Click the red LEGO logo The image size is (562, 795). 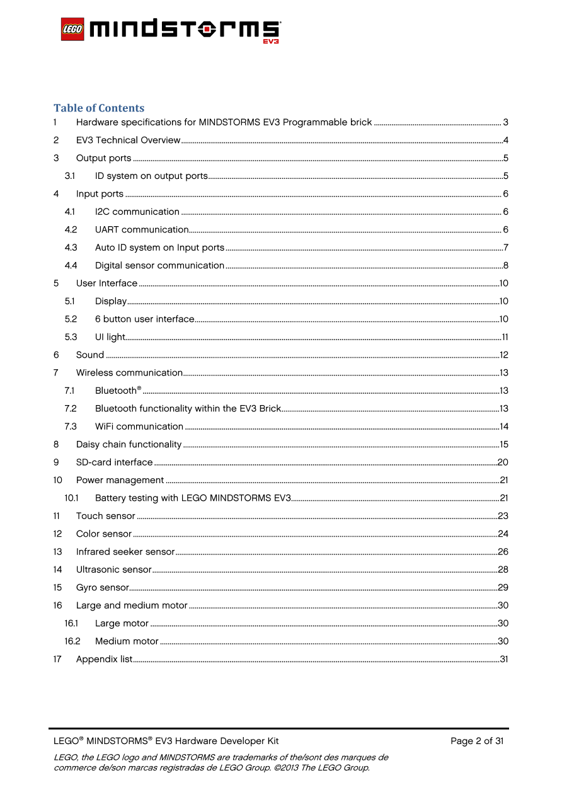(72, 30)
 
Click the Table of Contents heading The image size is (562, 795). (99, 108)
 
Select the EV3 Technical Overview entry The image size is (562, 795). (128, 140)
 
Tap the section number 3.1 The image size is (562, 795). (70, 176)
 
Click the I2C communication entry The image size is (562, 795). (137, 212)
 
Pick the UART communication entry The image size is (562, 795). (142, 229)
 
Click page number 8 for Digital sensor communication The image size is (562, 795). (505, 265)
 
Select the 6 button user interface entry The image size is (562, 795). (144, 319)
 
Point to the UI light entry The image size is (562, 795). (110, 337)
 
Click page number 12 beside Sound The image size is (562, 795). (503, 355)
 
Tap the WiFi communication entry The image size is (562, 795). (139, 426)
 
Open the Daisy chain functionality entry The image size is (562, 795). (129, 444)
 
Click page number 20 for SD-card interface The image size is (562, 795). (503, 462)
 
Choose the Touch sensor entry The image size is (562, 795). (106, 516)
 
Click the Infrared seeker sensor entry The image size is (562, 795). (125, 552)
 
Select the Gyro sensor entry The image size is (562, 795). (103, 588)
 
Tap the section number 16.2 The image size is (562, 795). (72, 641)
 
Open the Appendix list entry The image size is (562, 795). (104, 659)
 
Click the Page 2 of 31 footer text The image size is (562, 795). (477, 741)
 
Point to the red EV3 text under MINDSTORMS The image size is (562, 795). (271, 42)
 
